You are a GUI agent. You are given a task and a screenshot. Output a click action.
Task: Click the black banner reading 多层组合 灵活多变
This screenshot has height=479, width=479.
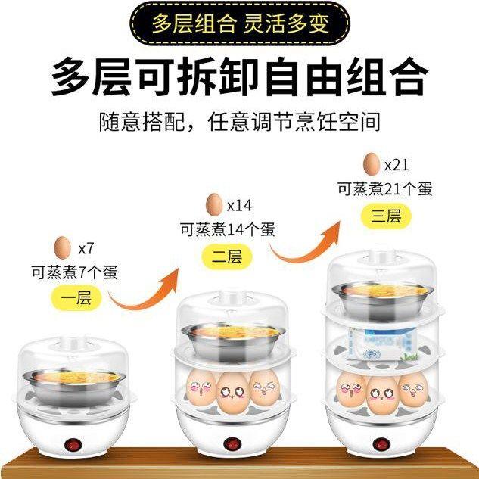(239, 23)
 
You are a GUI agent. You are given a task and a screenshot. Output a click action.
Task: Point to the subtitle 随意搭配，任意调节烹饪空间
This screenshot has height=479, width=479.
(239, 120)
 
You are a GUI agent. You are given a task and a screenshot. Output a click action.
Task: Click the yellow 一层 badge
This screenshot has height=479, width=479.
(75, 297)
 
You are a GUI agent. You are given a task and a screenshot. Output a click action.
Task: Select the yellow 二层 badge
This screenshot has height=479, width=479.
(226, 257)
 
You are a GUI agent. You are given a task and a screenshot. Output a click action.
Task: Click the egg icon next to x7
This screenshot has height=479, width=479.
(63, 247)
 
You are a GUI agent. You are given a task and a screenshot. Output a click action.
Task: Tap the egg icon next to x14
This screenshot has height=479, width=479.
(214, 204)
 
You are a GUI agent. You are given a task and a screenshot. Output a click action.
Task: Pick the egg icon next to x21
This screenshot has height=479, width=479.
(372, 163)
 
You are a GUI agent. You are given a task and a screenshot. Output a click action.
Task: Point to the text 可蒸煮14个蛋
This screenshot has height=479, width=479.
(226, 229)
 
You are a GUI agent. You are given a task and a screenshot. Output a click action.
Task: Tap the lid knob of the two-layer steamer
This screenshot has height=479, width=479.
(225, 297)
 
